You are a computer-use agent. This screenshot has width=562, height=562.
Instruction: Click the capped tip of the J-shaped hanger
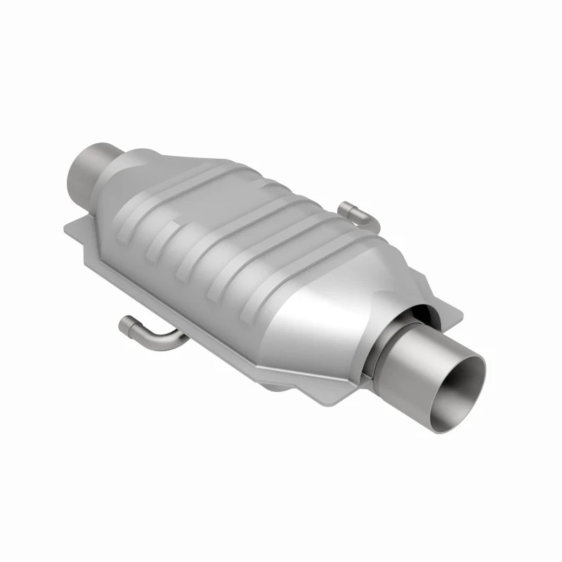pos(126,324)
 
